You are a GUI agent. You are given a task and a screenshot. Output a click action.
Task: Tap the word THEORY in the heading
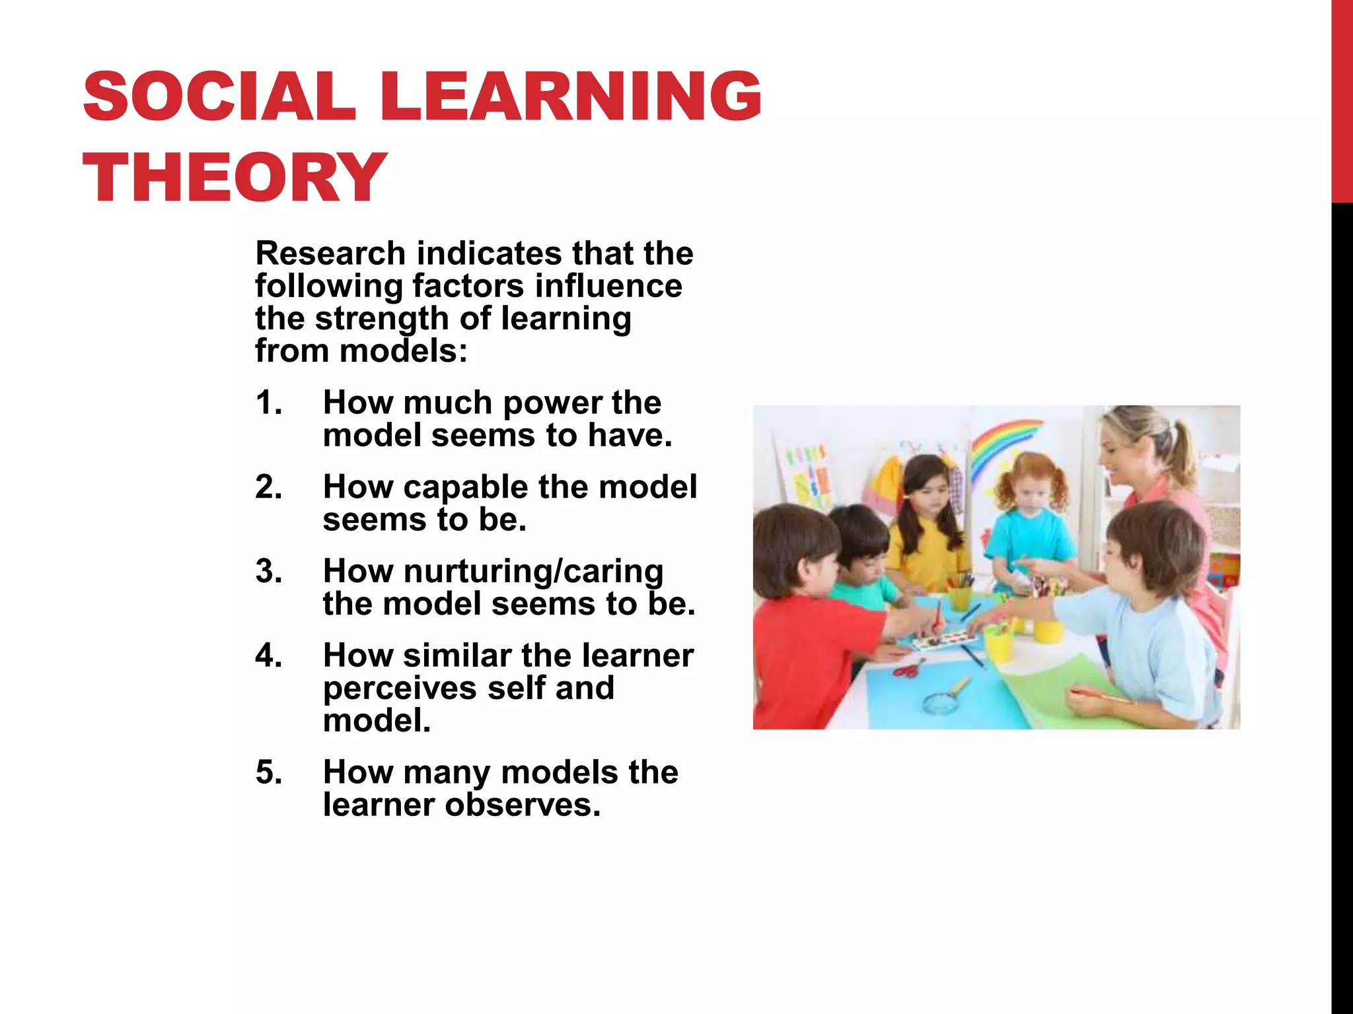(235, 178)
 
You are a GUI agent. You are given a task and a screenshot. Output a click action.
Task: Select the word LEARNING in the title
(571, 97)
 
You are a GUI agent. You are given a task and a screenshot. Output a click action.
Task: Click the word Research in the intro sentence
(330, 253)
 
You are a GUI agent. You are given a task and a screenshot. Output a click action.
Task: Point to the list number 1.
(268, 403)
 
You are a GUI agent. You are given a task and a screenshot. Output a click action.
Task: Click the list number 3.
(268, 572)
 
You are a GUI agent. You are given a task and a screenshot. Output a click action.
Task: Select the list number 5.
(268, 772)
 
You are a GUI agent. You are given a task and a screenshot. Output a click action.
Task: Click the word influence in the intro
(608, 287)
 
